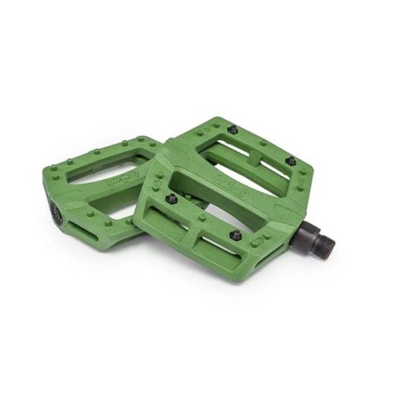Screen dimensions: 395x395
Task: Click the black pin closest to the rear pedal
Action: click(x=171, y=197)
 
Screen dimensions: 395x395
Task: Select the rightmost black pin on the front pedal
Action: click(x=290, y=161)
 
